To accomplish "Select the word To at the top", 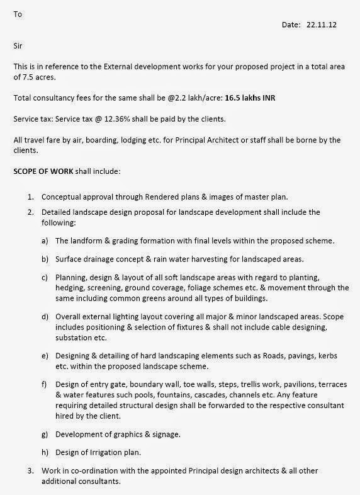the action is (x=18, y=13).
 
